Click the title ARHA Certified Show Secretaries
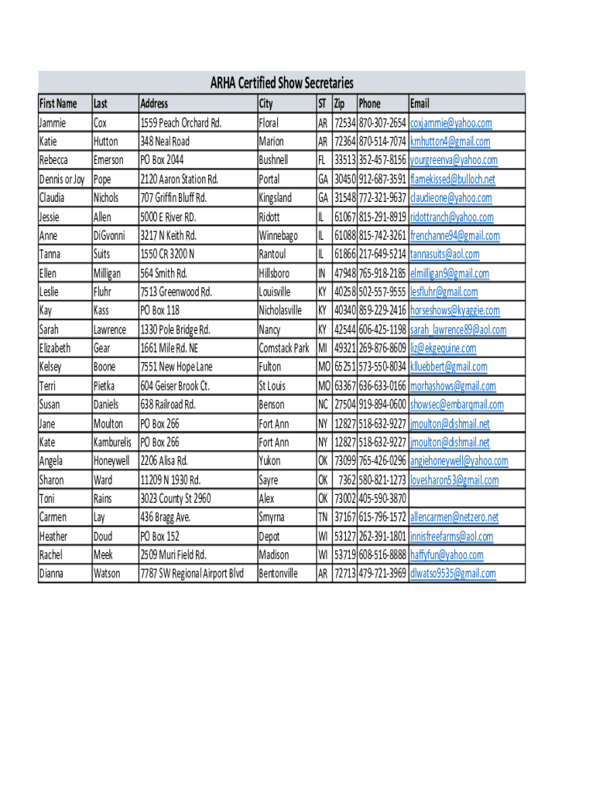[x=282, y=84]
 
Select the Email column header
[x=420, y=104]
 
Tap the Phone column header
[x=369, y=104]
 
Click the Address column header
[x=154, y=104]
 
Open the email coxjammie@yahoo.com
[x=450, y=123]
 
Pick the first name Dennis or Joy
[x=62, y=179]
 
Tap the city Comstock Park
[x=283, y=348]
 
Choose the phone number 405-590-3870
[x=382, y=499]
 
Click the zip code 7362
[x=347, y=480]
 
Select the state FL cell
[x=322, y=160]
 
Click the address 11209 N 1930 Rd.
[x=170, y=480]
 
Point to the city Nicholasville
[x=280, y=311]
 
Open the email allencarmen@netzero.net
[x=454, y=517]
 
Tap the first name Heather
[x=53, y=536]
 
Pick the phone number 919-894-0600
[x=382, y=405]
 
